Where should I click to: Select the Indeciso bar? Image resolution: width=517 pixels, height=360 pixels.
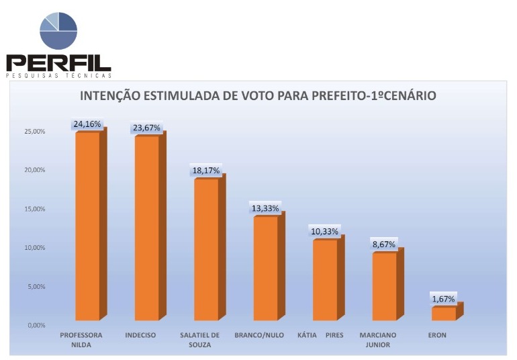tap(146, 228)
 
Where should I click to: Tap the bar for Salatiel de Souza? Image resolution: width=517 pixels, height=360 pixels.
tap(205, 249)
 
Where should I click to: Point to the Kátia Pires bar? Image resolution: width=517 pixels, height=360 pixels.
tap(324, 279)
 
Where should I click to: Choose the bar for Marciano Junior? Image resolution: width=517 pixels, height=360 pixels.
tap(383, 286)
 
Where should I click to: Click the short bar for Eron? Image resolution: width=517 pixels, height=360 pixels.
tap(443, 313)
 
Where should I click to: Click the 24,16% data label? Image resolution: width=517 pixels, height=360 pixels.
tap(87, 124)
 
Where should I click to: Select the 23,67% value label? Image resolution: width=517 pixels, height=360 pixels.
tap(146, 128)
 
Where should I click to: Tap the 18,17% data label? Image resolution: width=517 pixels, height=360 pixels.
tap(205, 171)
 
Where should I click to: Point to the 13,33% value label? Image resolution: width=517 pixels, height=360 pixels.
tap(265, 208)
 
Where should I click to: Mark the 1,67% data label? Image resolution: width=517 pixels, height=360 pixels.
tap(443, 299)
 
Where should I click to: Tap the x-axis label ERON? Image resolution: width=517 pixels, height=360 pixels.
tap(436, 335)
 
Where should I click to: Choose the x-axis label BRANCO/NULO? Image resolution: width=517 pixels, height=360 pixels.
tap(259, 335)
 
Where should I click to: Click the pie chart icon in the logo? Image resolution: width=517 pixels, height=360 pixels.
tap(58, 30)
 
